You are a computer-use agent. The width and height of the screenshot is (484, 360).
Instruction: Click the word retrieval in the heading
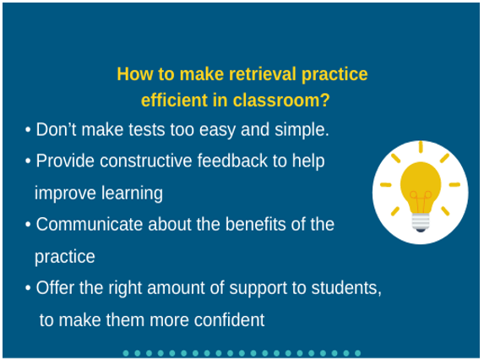(x=263, y=74)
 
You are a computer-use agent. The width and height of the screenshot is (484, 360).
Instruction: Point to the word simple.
(x=302, y=130)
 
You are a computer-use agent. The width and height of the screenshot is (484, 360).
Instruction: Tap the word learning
(x=132, y=194)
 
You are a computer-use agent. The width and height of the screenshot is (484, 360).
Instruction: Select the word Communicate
(x=90, y=224)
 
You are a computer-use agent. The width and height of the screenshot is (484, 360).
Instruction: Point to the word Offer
(x=55, y=288)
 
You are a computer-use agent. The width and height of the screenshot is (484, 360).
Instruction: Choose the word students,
(x=346, y=288)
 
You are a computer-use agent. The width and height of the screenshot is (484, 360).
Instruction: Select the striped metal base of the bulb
(x=421, y=222)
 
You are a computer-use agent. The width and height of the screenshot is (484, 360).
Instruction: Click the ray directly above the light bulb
(x=421, y=147)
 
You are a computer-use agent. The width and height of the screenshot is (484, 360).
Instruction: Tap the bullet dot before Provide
(x=28, y=161)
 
